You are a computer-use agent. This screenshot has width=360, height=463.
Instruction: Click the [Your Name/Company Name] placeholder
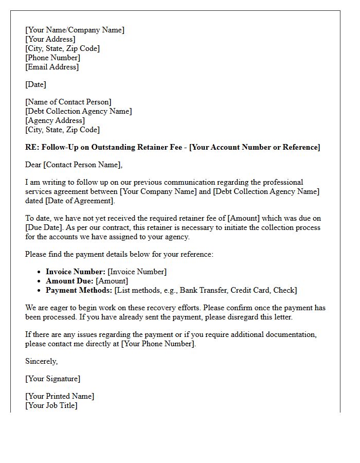pyautogui.click(x=75, y=30)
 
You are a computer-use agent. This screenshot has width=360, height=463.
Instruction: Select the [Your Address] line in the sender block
pyautogui.click(x=50, y=39)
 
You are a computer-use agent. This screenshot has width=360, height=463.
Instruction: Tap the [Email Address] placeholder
pyautogui.click(x=52, y=67)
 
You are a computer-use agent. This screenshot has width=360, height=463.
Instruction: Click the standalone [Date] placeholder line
pyautogui.click(x=35, y=84)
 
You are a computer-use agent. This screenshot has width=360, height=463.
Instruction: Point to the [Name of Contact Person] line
pyautogui.click(x=68, y=102)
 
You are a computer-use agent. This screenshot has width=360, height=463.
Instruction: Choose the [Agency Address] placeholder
pyautogui.click(x=55, y=120)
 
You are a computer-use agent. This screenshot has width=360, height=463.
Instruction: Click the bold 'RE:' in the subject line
pyautogui.click(x=32, y=147)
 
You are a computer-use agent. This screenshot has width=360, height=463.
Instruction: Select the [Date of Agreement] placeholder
pyautogui.click(x=79, y=201)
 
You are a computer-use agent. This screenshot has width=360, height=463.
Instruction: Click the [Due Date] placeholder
pyautogui.click(x=44, y=227)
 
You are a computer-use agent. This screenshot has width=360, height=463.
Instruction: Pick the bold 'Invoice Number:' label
pyautogui.click(x=76, y=272)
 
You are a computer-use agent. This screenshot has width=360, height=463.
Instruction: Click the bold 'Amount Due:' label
pyautogui.click(x=69, y=281)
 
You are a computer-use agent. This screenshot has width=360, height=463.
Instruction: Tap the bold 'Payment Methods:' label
pyautogui.click(x=79, y=290)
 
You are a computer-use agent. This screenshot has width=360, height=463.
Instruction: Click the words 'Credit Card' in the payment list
pyautogui.click(x=249, y=290)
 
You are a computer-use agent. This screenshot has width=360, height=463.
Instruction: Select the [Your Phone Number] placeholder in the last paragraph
pyautogui.click(x=158, y=344)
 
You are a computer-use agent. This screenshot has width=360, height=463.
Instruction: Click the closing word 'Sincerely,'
pyautogui.click(x=42, y=361)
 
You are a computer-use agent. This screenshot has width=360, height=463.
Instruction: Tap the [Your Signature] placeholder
pyautogui.click(x=52, y=379)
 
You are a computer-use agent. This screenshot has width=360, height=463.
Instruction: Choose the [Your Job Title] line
pyautogui.click(x=51, y=405)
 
